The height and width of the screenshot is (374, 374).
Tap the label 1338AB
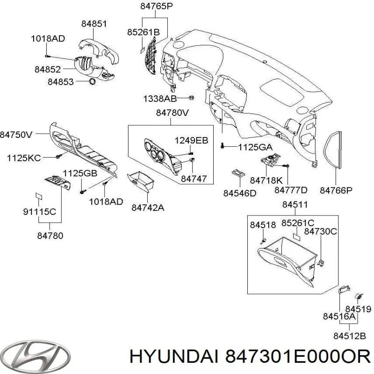(x=160, y=99)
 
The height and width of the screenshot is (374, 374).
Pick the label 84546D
(x=239, y=193)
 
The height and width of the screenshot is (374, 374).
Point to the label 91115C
(x=40, y=211)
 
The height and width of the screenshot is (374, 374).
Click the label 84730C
(x=320, y=231)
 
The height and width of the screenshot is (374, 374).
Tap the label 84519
(x=358, y=309)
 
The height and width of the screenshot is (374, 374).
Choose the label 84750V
(x=16, y=135)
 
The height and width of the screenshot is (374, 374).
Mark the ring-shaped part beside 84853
(x=93, y=82)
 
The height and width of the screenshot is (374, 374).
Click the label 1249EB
(x=191, y=140)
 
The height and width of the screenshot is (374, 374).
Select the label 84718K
(x=266, y=180)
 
